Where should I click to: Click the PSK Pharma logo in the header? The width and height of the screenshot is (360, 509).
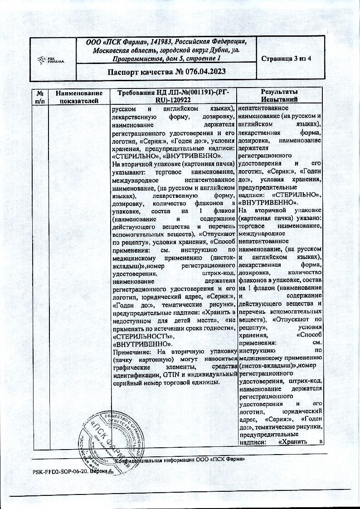(53, 60)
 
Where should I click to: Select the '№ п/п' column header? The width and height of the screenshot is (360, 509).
(39, 96)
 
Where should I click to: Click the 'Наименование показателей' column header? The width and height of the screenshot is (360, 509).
(79, 96)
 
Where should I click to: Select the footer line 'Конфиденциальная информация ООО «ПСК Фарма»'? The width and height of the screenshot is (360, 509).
(180, 460)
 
